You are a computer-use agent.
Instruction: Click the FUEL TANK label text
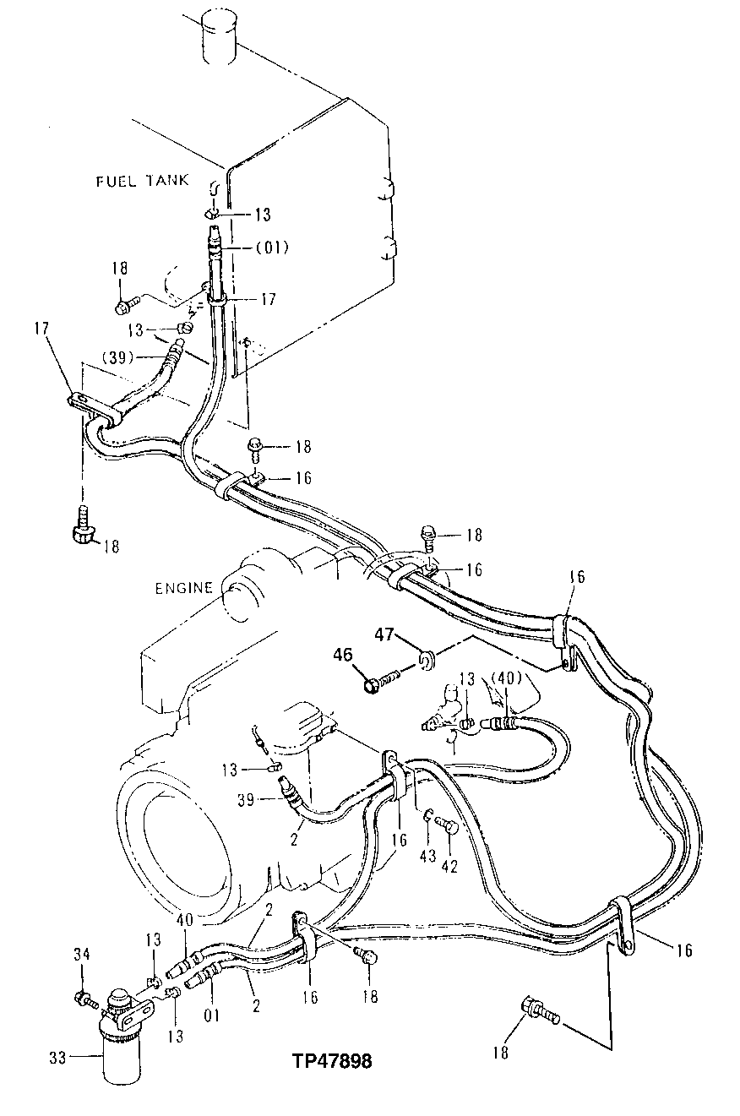(x=139, y=181)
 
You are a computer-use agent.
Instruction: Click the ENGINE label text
(x=184, y=587)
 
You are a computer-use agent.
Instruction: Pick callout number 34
(x=81, y=955)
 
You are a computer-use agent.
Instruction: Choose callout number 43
(x=427, y=856)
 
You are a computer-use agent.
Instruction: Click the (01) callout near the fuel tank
(x=271, y=248)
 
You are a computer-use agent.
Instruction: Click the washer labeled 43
(x=428, y=814)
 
